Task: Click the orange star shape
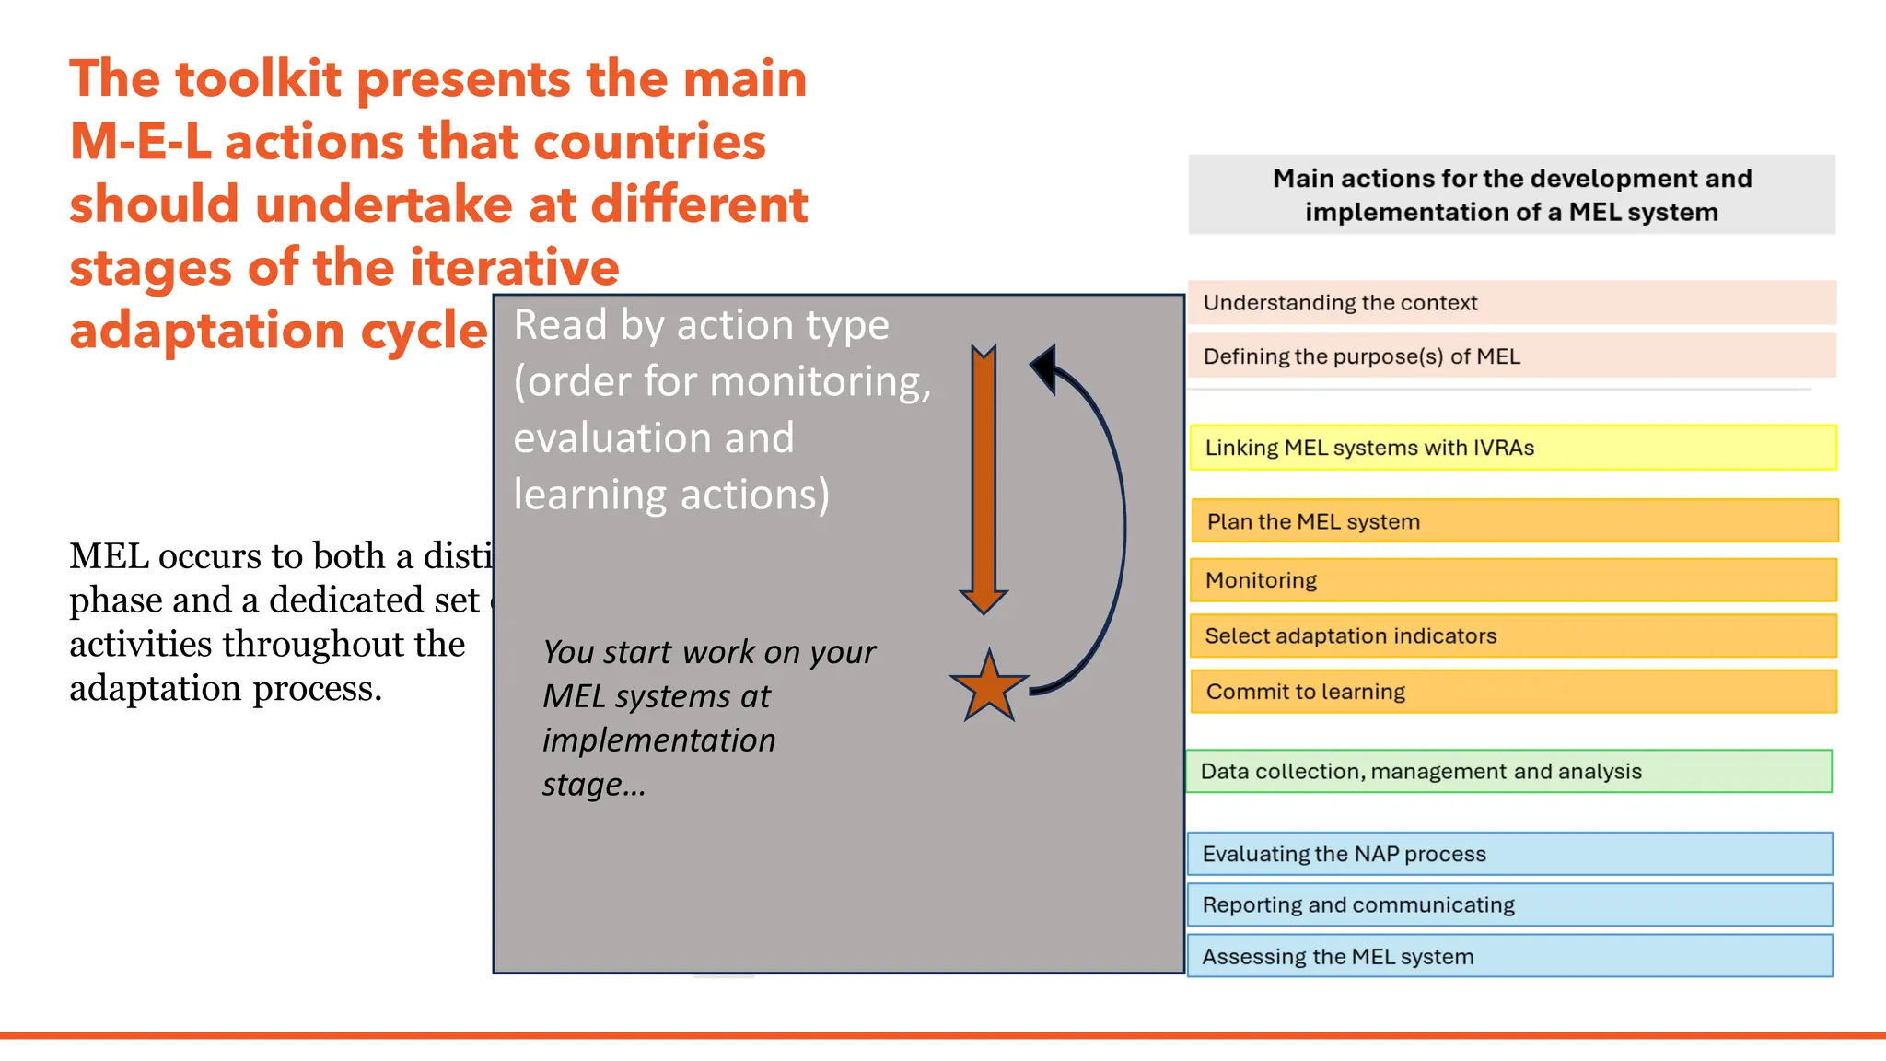point(988,688)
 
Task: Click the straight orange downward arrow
point(984,479)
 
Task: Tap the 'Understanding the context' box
point(1510,303)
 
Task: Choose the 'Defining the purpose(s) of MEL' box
point(1510,356)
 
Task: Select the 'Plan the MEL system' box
point(1514,521)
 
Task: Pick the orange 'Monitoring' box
point(1512,580)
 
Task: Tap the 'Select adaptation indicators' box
point(1512,635)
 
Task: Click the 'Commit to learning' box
point(1512,692)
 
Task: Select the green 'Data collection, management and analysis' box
point(1508,771)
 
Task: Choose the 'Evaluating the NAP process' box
point(1509,854)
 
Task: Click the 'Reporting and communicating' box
point(1509,904)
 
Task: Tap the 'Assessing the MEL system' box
point(1509,956)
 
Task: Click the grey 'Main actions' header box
point(1511,194)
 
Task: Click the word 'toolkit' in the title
point(258,79)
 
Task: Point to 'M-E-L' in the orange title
point(140,143)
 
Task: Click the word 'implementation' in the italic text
point(658,740)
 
